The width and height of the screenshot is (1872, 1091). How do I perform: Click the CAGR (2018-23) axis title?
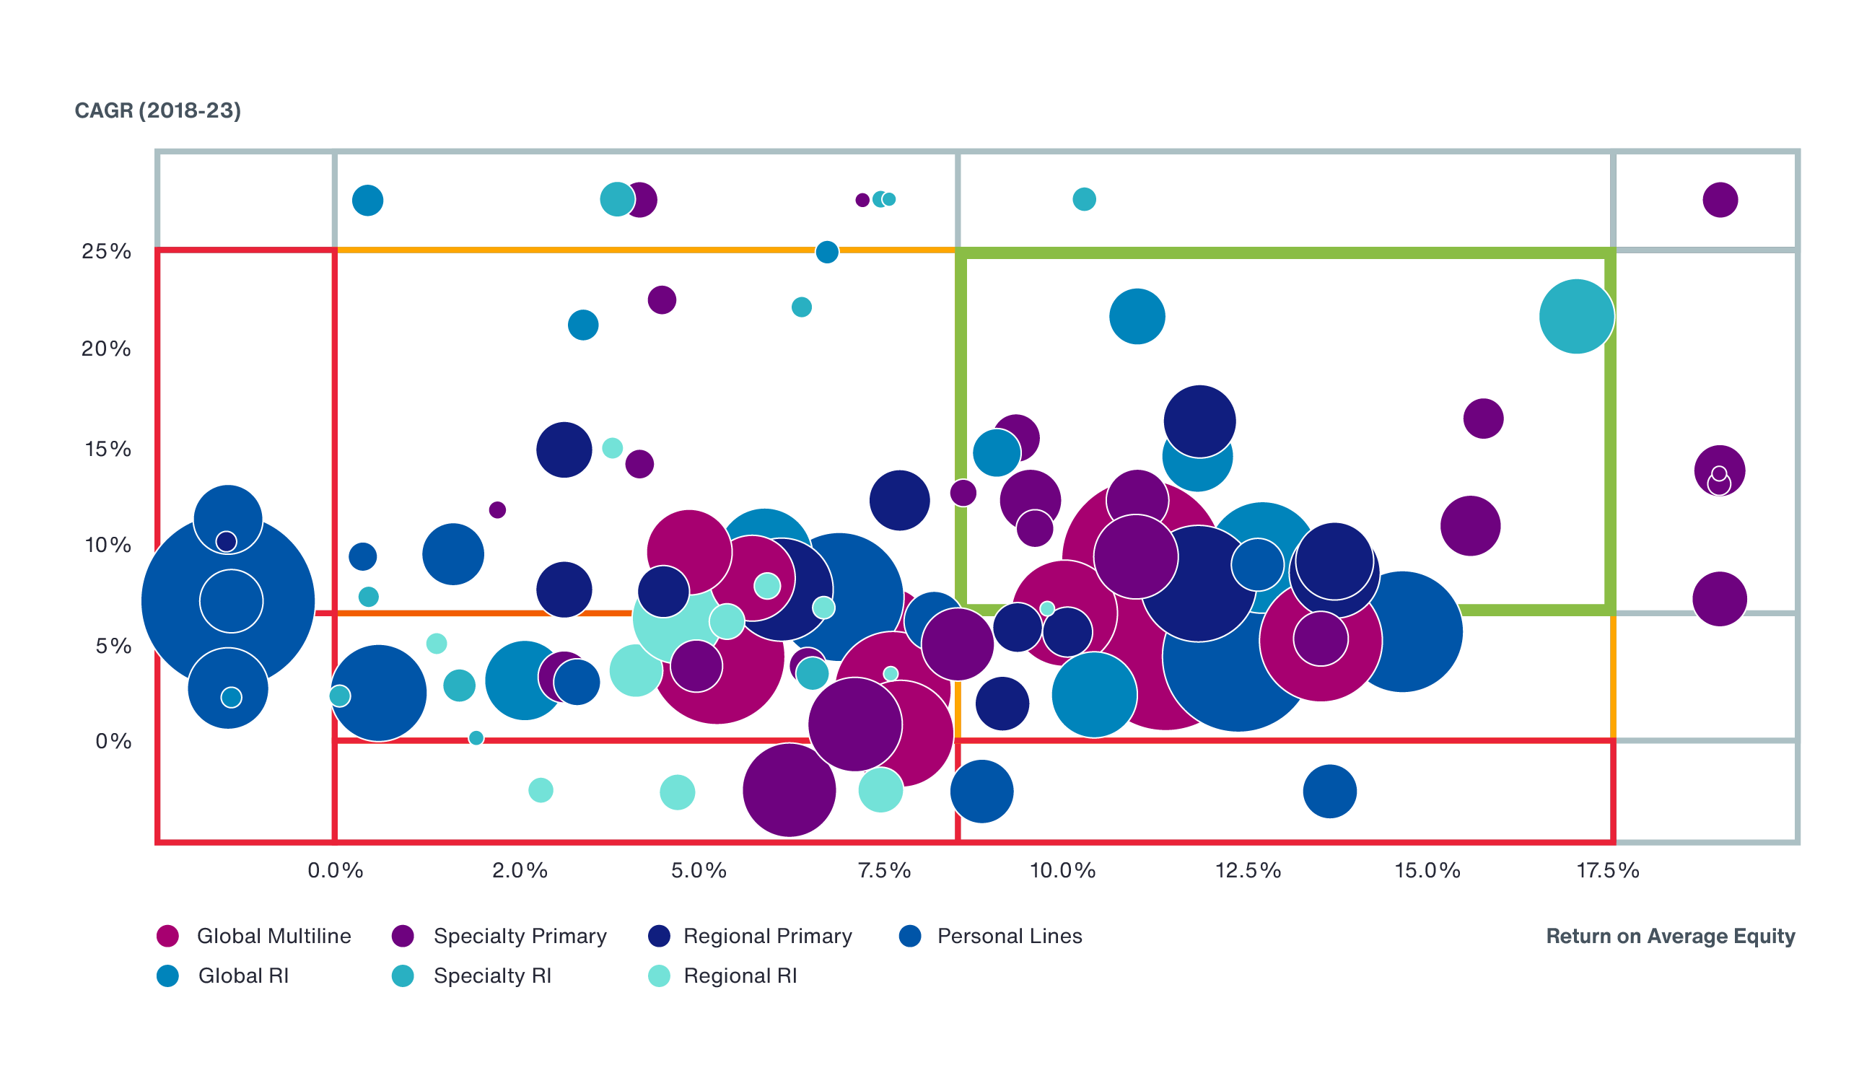[x=157, y=110]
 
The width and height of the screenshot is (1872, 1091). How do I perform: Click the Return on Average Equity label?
[x=1670, y=936]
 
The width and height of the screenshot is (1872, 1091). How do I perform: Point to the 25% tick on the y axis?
[x=106, y=251]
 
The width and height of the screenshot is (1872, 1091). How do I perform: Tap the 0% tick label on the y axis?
[x=113, y=740]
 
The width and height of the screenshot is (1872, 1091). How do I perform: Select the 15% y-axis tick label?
[x=108, y=449]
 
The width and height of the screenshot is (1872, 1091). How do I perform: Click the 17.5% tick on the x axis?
[x=1608, y=870]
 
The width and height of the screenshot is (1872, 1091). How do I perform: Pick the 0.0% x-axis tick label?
[x=335, y=870]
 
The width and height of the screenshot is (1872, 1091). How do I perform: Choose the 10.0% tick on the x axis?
[x=1062, y=870]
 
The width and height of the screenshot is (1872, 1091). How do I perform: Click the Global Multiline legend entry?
[x=254, y=936]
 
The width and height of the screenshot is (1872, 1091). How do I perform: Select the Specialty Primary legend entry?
[x=499, y=936]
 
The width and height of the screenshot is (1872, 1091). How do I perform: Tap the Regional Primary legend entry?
[x=751, y=936]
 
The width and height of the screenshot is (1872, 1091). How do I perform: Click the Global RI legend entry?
[x=223, y=976]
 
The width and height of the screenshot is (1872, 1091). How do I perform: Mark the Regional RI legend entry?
[x=722, y=976]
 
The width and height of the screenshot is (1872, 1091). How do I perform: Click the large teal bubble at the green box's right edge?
[x=1576, y=316]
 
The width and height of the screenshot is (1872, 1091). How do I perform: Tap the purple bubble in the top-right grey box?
[x=1720, y=200]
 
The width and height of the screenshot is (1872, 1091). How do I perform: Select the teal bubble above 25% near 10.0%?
[x=1084, y=199]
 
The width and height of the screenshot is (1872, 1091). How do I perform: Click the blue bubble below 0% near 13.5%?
[x=1330, y=791]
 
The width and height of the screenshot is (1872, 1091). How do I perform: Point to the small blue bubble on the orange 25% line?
[x=827, y=253]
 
